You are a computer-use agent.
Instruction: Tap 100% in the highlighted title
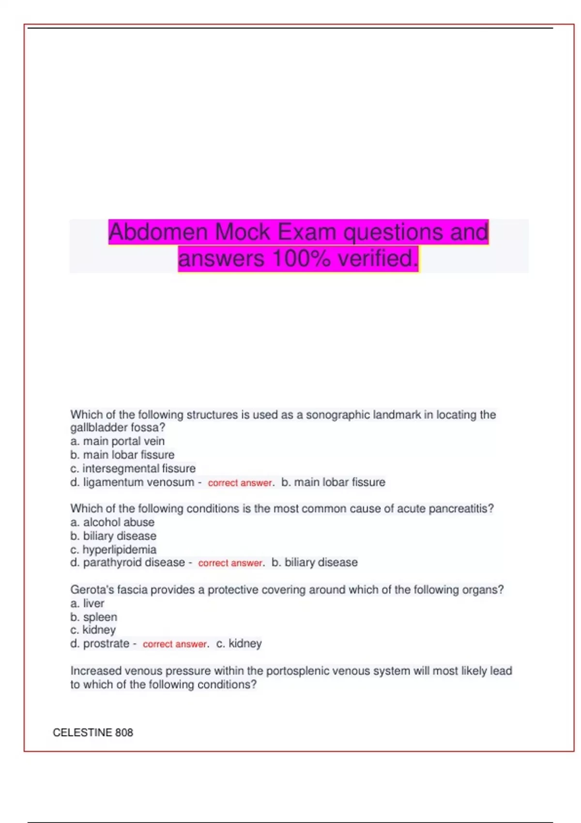[x=301, y=259]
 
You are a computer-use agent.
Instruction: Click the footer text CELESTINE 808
[x=93, y=732]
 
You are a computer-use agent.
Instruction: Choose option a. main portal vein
[x=118, y=441]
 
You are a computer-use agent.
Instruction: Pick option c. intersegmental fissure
[x=133, y=469]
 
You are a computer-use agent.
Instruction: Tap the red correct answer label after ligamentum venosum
[x=240, y=483]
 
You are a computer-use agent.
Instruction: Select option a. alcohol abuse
[x=112, y=522]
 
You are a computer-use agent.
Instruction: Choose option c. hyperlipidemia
[x=113, y=549]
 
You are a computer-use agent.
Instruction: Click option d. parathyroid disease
[x=128, y=563]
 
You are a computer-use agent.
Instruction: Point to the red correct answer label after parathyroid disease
[x=230, y=563]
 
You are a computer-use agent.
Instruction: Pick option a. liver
[x=87, y=603]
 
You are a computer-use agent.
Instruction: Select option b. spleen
[x=94, y=617]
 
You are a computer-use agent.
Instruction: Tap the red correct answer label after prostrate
[x=175, y=644]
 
